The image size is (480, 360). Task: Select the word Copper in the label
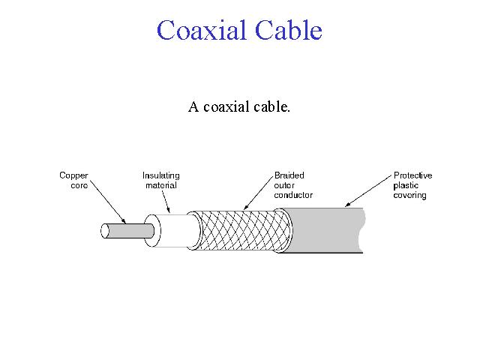73,175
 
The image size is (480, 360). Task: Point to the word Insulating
160,175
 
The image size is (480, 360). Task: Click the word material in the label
160,185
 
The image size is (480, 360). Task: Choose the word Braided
289,175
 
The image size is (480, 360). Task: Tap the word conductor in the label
293,195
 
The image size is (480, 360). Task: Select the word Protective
412,175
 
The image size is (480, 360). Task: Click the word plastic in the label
406,185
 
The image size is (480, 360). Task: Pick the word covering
409,195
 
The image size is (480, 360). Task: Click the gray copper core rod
127,231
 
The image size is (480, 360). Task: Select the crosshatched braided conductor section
240,229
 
